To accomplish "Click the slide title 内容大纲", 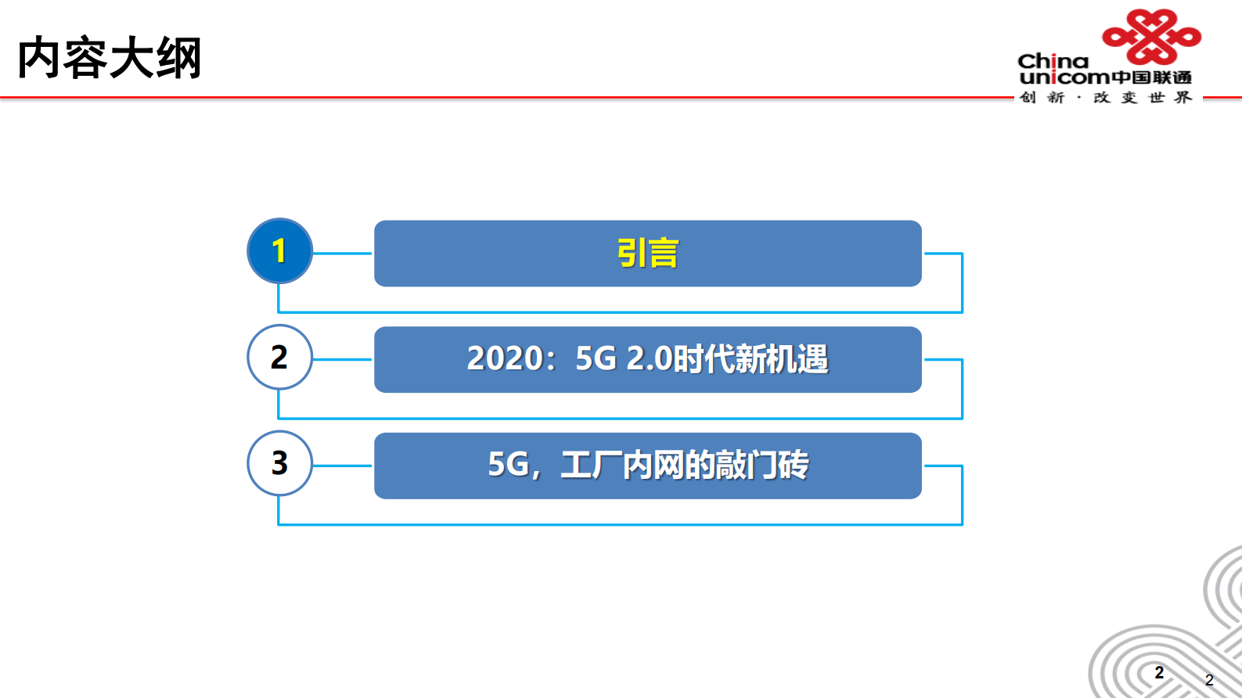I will [x=110, y=58].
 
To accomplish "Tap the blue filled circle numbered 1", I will [x=279, y=251].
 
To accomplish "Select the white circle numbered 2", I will [x=279, y=357].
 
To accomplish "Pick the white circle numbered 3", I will [x=279, y=463].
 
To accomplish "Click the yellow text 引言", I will [x=647, y=254].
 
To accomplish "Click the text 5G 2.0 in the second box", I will [x=624, y=359].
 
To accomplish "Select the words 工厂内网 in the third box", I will [x=621, y=465].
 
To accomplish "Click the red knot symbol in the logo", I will [x=1150, y=36].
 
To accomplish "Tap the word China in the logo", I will [x=1053, y=61].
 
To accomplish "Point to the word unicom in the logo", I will [x=1064, y=77].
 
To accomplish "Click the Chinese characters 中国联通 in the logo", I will [x=1151, y=77].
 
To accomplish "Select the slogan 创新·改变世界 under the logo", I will [x=1105, y=98].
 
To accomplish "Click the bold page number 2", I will [x=1159, y=673].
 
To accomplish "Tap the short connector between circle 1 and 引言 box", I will [x=343, y=254].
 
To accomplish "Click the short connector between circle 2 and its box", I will [x=343, y=360].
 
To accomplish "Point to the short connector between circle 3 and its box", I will [x=343, y=466].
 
